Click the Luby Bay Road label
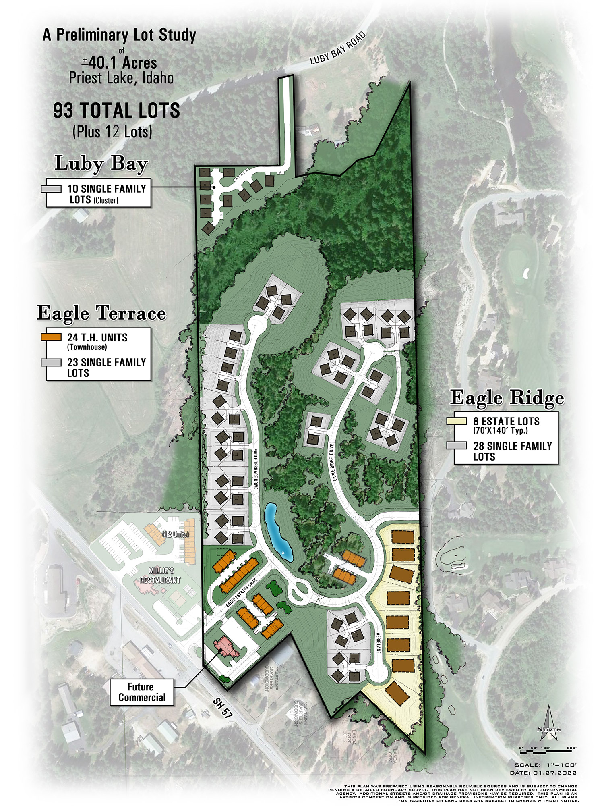click(x=337, y=49)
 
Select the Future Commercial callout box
click(x=142, y=692)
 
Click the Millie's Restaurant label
click(x=160, y=575)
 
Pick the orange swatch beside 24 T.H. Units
click(x=51, y=337)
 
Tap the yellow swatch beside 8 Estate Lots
click(x=457, y=421)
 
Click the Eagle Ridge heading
click(x=507, y=397)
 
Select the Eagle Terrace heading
click(x=101, y=313)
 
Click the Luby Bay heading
click(x=101, y=164)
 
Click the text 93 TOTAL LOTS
click(x=116, y=111)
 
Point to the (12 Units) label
click(x=175, y=535)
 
